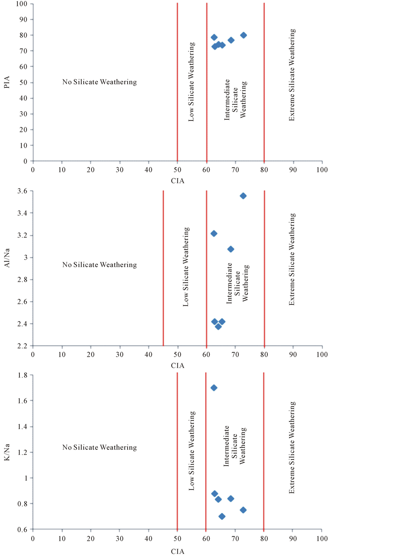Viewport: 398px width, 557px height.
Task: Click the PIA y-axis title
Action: point(7,82)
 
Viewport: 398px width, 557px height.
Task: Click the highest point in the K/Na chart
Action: point(214,388)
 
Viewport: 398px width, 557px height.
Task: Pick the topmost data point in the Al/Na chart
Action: point(243,196)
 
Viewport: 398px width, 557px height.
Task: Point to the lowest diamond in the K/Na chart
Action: point(222,516)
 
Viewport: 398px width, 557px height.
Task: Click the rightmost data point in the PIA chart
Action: point(244,35)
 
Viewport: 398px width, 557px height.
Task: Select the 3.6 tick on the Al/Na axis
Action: point(22,191)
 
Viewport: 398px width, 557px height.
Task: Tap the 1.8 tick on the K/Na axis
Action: point(22,375)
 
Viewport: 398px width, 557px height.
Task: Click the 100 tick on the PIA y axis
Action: point(22,4)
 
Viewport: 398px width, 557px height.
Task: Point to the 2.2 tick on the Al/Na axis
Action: point(22,346)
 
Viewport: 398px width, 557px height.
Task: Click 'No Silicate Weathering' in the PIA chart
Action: point(99,82)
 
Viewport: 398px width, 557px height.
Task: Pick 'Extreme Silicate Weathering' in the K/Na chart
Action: point(292,448)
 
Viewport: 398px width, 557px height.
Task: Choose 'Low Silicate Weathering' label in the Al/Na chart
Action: point(186,267)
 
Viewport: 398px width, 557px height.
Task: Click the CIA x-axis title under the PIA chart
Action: point(178,180)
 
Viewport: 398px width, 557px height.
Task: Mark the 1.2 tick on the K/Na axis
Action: point(22,452)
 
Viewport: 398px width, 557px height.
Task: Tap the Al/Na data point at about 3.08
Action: point(231,249)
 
